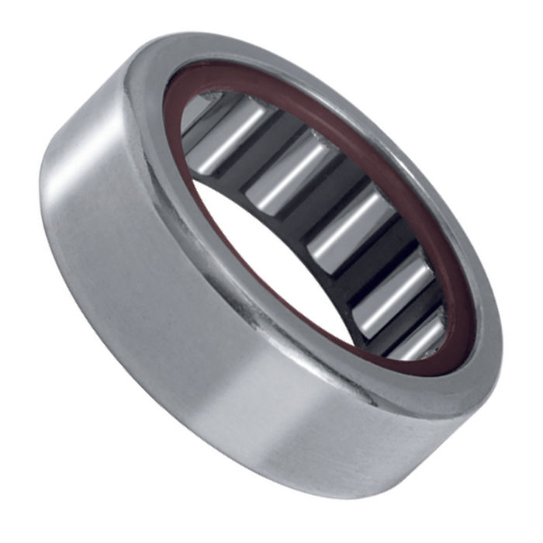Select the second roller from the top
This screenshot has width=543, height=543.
pyautogui.click(x=291, y=175)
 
